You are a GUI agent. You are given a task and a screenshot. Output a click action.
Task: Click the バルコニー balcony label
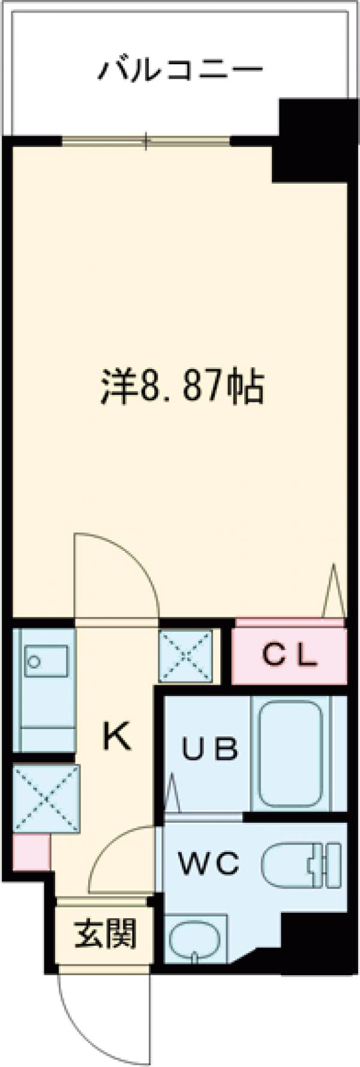click(x=180, y=70)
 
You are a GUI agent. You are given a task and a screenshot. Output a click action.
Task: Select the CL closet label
click(x=290, y=656)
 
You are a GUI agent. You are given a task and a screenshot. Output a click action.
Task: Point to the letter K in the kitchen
click(x=117, y=736)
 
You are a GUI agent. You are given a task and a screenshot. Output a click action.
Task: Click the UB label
click(x=211, y=750)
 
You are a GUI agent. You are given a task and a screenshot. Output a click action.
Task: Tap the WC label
click(x=208, y=864)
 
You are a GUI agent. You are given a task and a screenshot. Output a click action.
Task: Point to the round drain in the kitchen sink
click(x=34, y=662)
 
